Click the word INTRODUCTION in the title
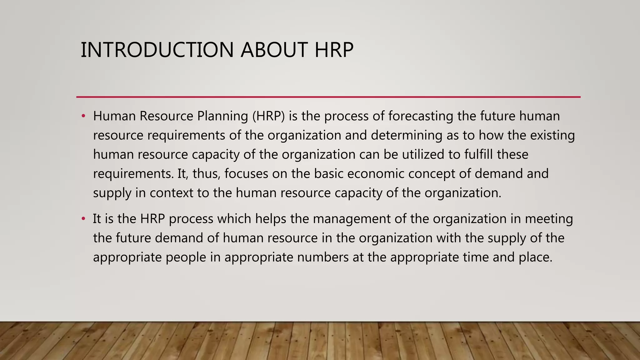(x=157, y=50)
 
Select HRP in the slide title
(x=334, y=50)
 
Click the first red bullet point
(x=83, y=116)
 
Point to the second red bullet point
(x=83, y=219)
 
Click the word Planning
(x=222, y=116)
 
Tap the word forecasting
(x=421, y=116)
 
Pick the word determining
(x=407, y=136)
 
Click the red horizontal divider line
(x=328, y=97)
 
